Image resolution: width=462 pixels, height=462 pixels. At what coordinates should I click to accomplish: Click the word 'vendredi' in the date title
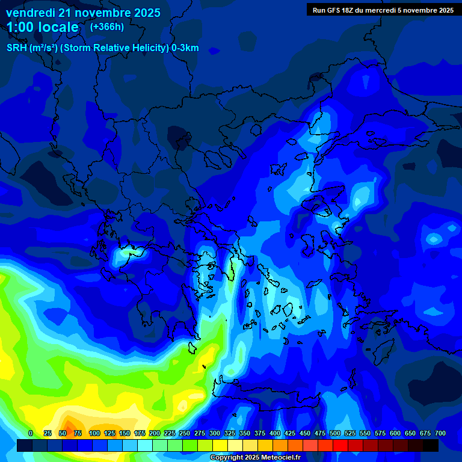tap(30, 13)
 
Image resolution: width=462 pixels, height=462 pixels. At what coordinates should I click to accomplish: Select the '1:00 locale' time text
tap(42, 27)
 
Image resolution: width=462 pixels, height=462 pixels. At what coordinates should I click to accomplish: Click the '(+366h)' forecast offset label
tap(107, 26)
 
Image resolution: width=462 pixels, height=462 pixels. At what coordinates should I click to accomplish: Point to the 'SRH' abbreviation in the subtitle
tap(16, 48)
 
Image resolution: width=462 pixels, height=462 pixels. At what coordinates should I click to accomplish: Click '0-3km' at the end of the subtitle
tap(185, 48)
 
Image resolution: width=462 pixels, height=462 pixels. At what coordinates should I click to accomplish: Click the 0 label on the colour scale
tap(31, 433)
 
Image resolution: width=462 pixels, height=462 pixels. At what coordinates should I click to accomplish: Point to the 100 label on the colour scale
tap(94, 433)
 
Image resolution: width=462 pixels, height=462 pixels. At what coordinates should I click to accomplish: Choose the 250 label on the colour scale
tap(185, 433)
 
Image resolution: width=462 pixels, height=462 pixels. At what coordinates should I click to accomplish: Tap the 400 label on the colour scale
tap(275, 433)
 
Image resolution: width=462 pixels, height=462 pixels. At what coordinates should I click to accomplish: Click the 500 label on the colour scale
tap(335, 433)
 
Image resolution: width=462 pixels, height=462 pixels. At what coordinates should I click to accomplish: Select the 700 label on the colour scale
tap(440, 433)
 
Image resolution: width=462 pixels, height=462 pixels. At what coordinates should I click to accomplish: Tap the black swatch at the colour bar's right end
tap(431, 446)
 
